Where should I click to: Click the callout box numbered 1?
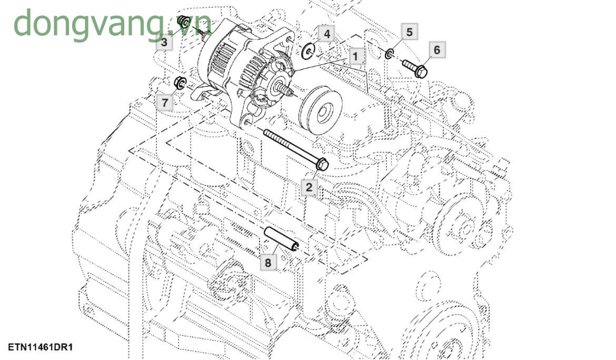pos(355,56)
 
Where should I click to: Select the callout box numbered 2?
pos(309,186)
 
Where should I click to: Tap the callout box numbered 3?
pos(164,42)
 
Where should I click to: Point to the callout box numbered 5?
pos(410,32)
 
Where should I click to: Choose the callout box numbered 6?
pos(436,50)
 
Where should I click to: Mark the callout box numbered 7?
pos(165,103)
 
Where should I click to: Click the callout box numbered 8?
pos(268,262)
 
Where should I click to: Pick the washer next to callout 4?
pos(309,51)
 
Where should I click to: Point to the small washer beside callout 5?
pos(390,53)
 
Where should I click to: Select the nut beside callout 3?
pos(184,22)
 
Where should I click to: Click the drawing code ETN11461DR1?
pos(40,347)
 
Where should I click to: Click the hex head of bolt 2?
pos(322,165)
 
